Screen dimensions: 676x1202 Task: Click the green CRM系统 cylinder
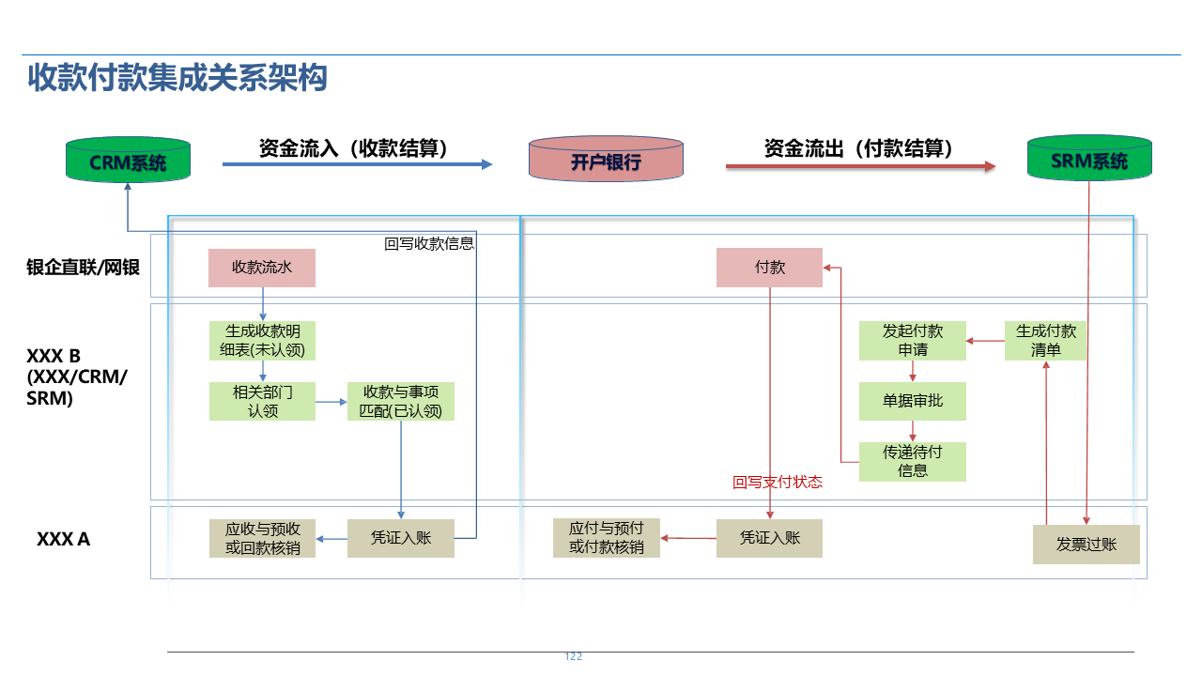pyautogui.click(x=128, y=161)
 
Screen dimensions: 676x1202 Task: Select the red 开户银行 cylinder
pyautogui.click(x=606, y=161)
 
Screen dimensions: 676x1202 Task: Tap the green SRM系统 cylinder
pyautogui.click(x=1089, y=160)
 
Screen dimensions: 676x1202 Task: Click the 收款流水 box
pyautogui.click(x=262, y=268)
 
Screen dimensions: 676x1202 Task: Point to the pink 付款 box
pyautogui.click(x=770, y=268)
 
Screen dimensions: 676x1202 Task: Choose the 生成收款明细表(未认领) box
pyautogui.click(x=262, y=341)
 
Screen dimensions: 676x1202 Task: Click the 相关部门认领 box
pyautogui.click(x=262, y=401)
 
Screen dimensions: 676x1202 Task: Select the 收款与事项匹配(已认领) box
pyautogui.click(x=401, y=401)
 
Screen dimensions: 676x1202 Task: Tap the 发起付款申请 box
pyautogui.click(x=913, y=341)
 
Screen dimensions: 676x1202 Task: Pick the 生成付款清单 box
pyautogui.click(x=1046, y=341)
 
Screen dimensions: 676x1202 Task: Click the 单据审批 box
pyautogui.click(x=913, y=401)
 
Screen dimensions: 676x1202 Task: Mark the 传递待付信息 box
pyautogui.click(x=913, y=461)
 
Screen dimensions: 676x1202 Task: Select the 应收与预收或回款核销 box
pyautogui.click(x=262, y=538)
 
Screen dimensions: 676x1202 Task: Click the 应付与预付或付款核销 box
pyautogui.click(x=606, y=538)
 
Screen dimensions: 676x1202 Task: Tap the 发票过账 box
pyautogui.click(x=1086, y=545)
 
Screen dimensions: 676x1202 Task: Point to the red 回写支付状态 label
pyautogui.click(x=778, y=483)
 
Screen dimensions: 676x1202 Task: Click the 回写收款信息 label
pyautogui.click(x=429, y=244)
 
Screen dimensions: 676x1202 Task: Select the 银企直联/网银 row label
pyautogui.click(x=84, y=268)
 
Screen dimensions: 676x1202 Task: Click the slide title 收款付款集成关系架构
pyautogui.click(x=177, y=78)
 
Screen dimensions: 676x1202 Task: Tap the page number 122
pyautogui.click(x=574, y=656)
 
